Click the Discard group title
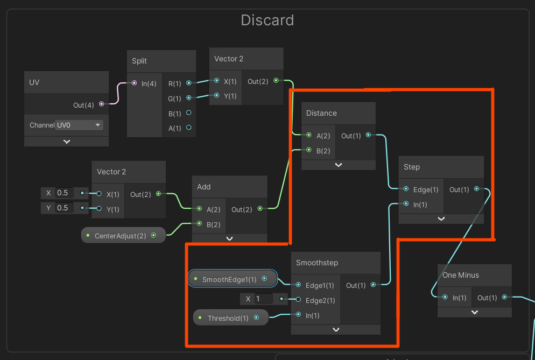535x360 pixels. pos(267,20)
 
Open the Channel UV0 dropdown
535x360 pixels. pos(79,125)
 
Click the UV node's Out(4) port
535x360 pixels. pos(101,104)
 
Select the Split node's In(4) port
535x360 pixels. pos(134,83)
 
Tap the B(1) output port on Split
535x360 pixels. pos(189,112)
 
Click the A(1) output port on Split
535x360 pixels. pos(189,128)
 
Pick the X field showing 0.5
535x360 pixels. pos(65,193)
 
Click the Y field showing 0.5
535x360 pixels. pos(65,208)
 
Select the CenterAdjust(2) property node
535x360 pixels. pos(123,236)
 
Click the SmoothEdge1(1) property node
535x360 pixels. pos(233,279)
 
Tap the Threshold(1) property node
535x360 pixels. pos(231,317)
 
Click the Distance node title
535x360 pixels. pos(321,114)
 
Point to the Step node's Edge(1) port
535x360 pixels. pos(406,189)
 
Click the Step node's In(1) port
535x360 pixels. pos(406,204)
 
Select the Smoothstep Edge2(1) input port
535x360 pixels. pos(298,300)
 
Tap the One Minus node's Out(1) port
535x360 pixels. pos(504,297)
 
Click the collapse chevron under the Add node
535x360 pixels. pos(230,238)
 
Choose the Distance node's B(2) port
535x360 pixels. pos(309,150)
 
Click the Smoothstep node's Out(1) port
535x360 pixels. pos(374,285)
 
